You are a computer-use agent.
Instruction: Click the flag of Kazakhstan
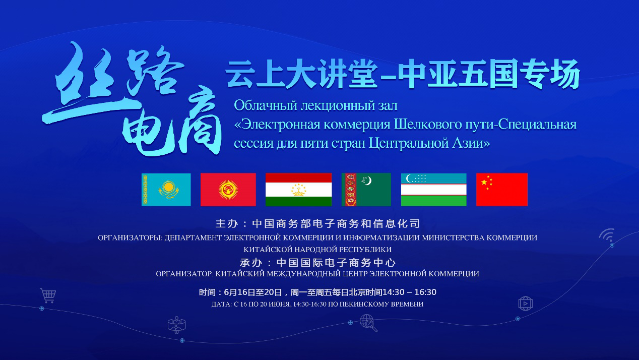(166, 190)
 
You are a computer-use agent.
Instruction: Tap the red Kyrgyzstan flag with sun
(228, 190)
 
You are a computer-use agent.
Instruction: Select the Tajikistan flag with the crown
(299, 190)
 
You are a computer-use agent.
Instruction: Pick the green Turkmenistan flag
(366, 190)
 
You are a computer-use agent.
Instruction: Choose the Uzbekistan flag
(433, 190)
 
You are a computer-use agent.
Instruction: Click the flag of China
(502, 190)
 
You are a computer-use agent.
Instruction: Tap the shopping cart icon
(48, 295)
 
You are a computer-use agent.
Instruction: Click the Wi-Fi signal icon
(607, 235)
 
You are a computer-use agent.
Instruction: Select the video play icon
(526, 304)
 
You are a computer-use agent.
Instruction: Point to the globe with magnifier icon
(368, 323)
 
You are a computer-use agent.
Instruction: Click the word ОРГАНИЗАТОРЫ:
(130, 238)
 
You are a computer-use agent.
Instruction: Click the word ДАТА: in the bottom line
(221, 305)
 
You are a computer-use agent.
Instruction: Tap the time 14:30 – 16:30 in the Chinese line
(409, 292)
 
